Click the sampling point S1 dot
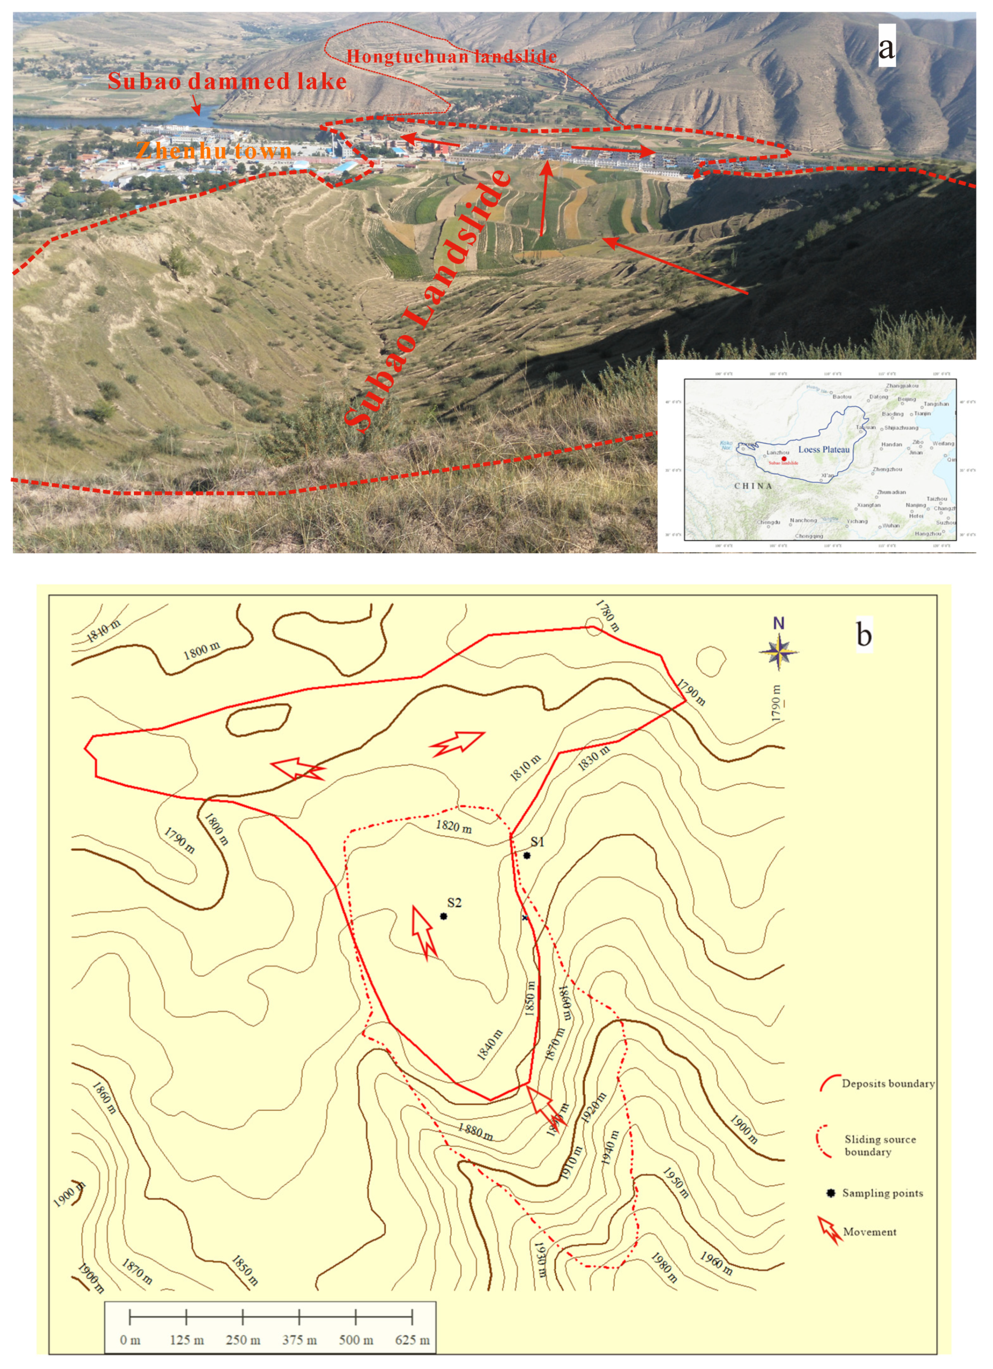click(527, 855)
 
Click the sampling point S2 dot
click(444, 916)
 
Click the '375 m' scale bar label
click(299, 1340)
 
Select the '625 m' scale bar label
click(412, 1340)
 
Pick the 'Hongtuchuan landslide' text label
click(452, 57)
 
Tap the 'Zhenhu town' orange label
click(214, 150)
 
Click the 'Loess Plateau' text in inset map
click(824, 450)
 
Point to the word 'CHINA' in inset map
click(753, 486)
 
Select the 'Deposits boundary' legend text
click(888, 1083)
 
